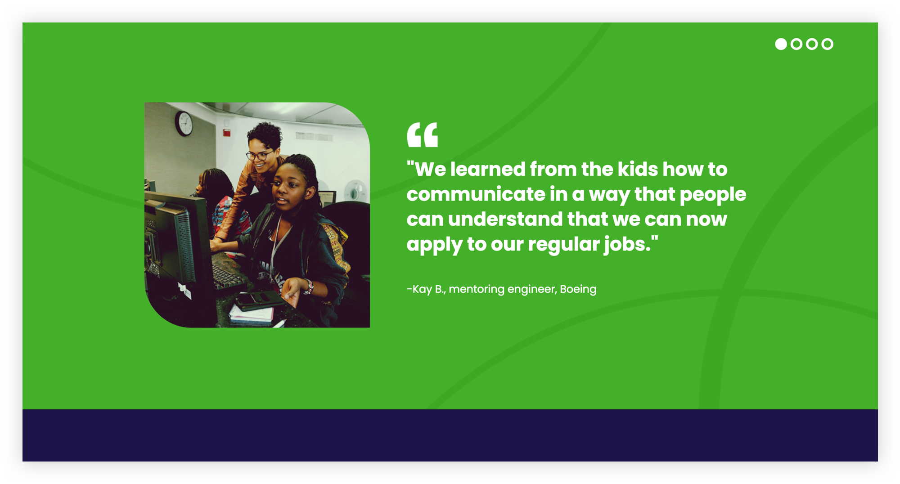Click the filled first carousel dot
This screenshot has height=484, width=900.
click(781, 44)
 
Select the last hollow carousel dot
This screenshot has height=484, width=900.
click(827, 44)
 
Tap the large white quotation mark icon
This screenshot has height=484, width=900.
click(422, 134)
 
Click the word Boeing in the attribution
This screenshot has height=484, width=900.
click(578, 289)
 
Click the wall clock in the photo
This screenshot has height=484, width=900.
click(184, 123)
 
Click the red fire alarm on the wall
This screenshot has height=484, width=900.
click(227, 133)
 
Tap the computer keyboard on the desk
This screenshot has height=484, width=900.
click(227, 277)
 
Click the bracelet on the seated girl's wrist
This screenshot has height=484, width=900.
click(309, 287)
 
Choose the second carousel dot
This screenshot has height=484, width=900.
click(796, 44)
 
